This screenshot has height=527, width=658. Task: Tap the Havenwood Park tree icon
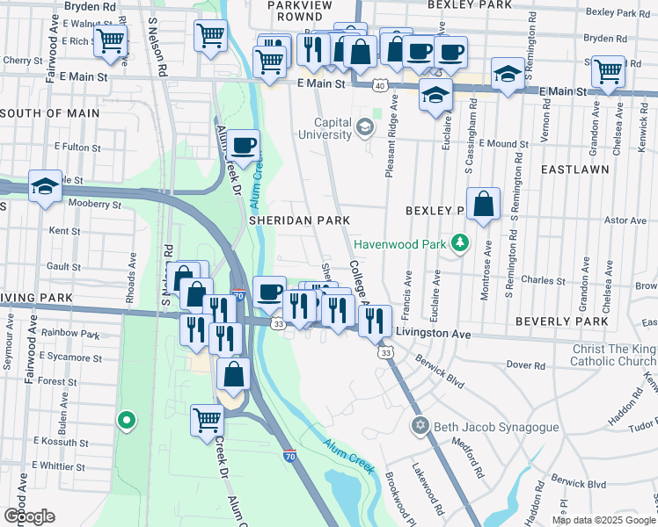[458, 242]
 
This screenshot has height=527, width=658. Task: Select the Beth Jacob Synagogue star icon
[420, 426]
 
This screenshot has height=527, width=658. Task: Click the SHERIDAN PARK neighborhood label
[300, 220]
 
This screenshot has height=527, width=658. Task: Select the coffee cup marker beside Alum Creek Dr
[245, 145]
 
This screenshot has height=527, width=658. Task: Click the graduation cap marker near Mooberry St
[45, 186]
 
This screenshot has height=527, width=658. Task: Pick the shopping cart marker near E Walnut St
[111, 40]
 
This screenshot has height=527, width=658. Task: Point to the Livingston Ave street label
[434, 334]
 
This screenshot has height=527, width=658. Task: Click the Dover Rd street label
[527, 364]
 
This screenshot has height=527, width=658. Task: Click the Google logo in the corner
[29, 516]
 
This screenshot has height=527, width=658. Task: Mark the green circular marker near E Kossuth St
[127, 422]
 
